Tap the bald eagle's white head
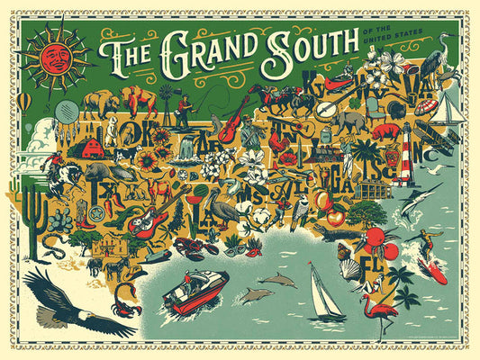click(78, 317)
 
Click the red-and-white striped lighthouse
click(406, 165)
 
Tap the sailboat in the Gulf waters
click(325, 293)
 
